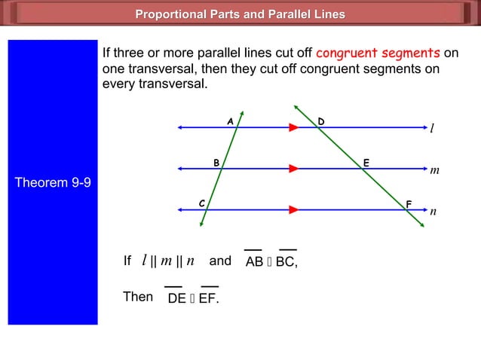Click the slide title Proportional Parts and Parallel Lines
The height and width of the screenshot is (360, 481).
[240, 14]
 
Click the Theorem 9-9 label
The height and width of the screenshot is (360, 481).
[53, 183]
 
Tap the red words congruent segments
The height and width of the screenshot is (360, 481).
[378, 53]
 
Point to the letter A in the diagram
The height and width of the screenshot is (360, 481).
[230, 121]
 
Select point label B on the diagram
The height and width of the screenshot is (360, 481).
[216, 162]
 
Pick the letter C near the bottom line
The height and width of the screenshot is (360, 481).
[201, 203]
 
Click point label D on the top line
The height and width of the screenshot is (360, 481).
[321, 121]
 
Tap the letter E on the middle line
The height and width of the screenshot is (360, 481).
[366, 162]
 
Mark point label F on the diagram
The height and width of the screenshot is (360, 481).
[409, 204]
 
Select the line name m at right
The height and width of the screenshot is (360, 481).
[434, 171]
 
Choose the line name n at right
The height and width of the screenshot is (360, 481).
[433, 212]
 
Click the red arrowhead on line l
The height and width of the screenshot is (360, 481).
[293, 128]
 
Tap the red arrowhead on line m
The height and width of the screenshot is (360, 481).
[293, 169]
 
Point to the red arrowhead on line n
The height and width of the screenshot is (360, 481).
[293, 209]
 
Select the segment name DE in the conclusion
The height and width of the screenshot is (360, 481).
[176, 299]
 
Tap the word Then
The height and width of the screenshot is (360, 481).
[137, 297]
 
